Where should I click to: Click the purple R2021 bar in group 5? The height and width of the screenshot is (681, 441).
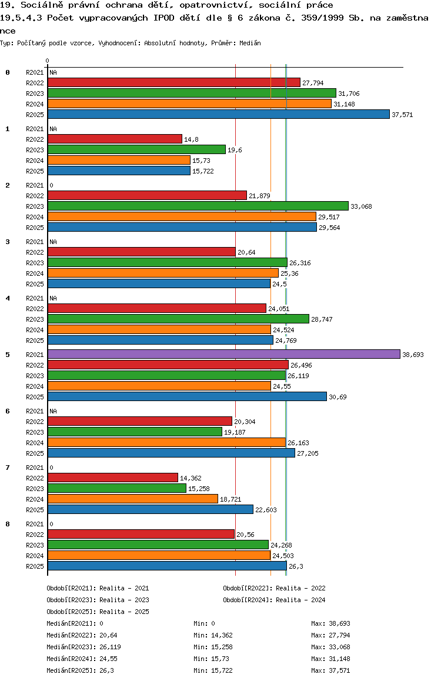223,355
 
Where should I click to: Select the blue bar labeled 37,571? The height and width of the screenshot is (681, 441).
218,115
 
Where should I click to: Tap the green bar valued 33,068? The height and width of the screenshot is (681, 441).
198,206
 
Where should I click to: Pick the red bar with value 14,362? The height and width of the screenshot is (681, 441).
112,478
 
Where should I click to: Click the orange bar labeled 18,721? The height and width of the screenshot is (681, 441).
132,499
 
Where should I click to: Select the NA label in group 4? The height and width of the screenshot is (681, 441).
53,298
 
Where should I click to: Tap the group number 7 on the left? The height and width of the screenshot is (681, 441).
8,468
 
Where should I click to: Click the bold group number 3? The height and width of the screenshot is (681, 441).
8,242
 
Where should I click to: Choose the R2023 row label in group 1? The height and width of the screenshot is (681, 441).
35,150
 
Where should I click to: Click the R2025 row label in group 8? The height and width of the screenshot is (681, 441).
35,566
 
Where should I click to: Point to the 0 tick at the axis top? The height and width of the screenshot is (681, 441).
47,61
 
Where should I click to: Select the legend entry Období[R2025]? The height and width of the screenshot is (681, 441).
71,612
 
